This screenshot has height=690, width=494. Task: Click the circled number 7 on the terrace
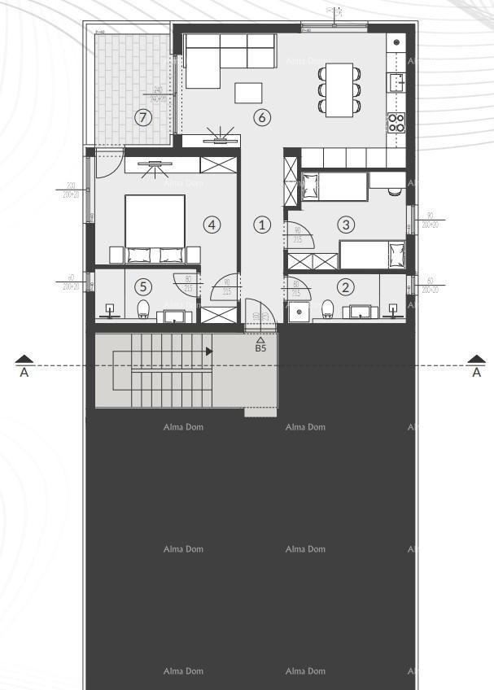click(x=144, y=118)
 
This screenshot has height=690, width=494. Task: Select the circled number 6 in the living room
click(x=261, y=117)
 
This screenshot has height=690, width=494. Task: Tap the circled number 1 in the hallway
click(x=261, y=224)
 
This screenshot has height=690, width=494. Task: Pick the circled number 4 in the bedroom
click(x=212, y=224)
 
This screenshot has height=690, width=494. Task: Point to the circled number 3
click(x=346, y=224)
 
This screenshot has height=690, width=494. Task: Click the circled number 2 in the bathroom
click(x=346, y=286)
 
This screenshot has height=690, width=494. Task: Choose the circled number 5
click(x=144, y=286)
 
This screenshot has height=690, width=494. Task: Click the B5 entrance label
click(x=260, y=347)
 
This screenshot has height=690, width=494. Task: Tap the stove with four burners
click(x=396, y=122)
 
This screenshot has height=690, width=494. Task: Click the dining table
click(x=340, y=90)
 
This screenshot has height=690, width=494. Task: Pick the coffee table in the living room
click(x=249, y=93)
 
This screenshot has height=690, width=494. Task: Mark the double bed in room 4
click(x=155, y=228)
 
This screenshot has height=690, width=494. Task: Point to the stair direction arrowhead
click(x=209, y=352)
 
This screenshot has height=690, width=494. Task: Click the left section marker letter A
click(x=24, y=373)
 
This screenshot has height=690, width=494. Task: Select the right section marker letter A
click(x=476, y=373)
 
